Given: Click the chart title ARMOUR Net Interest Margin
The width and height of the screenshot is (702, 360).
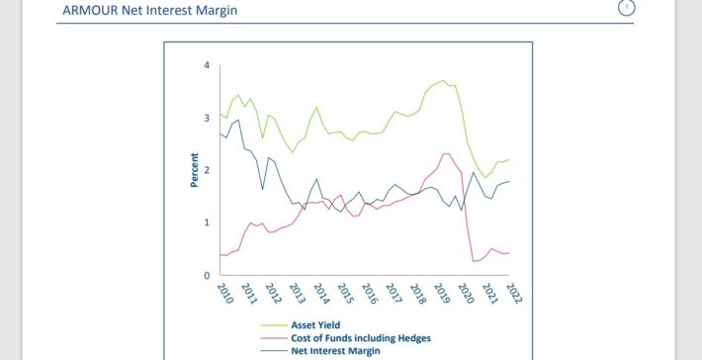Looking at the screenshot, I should [x=150, y=11].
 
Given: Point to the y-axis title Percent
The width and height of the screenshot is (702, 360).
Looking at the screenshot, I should [x=195, y=170].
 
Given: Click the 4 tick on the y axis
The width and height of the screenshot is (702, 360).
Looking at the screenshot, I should [x=207, y=65].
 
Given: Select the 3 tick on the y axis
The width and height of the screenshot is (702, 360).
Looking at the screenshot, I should [x=207, y=118].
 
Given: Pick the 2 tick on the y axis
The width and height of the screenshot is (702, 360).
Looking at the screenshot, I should [x=207, y=170].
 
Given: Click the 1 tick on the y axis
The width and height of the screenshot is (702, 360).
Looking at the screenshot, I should [x=207, y=223].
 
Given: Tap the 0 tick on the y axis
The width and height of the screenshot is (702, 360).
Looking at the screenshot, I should [x=207, y=275].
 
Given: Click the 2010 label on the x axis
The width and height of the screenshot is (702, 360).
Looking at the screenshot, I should [x=223, y=295].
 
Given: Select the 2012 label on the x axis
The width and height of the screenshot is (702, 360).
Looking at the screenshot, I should [x=272, y=295].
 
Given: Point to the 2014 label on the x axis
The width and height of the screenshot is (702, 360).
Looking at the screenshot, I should [x=320, y=295].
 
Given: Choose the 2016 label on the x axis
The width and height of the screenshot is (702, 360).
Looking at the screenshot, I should [x=369, y=295].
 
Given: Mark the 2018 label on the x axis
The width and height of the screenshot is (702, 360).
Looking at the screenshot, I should [x=417, y=295].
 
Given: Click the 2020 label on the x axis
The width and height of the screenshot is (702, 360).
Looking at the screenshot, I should [x=466, y=295].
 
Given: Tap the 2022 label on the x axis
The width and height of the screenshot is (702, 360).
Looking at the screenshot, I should [x=513, y=295].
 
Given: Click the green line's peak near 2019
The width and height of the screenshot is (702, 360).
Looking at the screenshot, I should [x=444, y=81].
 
